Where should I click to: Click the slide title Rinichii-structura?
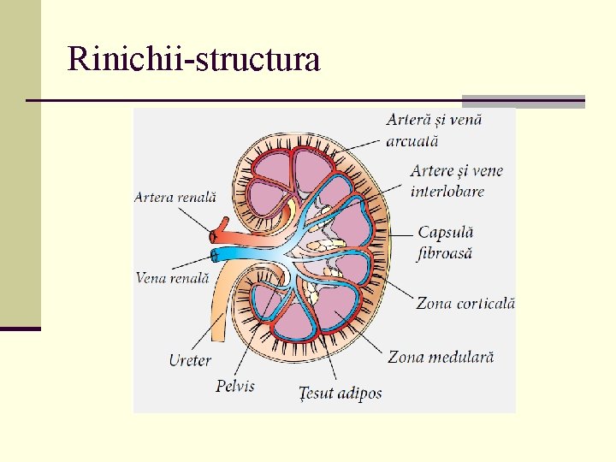[193, 59]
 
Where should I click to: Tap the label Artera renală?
[175, 197]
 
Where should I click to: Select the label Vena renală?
[172, 277]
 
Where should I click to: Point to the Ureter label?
[189, 360]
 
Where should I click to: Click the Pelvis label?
[235, 386]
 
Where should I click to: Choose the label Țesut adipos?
[341, 393]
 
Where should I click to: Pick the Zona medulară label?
[441, 357]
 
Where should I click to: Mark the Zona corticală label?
[465, 303]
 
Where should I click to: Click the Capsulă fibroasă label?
[445, 243]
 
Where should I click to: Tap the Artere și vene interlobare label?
[457, 181]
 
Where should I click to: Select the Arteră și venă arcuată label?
[434, 130]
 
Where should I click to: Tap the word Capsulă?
[445, 233]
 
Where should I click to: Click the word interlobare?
[447, 191]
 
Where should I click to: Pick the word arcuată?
[412, 140]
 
